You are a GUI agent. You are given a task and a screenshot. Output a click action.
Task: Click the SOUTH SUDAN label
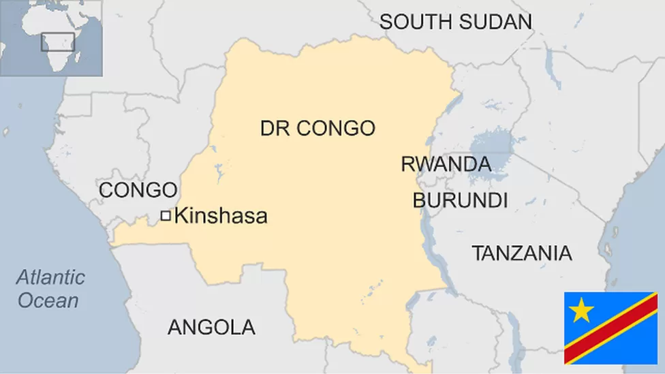click(455, 21)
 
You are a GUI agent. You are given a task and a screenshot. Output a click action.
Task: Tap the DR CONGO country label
click(318, 127)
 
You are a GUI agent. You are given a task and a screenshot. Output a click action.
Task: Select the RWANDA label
click(446, 164)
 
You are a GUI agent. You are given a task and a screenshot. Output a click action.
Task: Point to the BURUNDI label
click(460, 200)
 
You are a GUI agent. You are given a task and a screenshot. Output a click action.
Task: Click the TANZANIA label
click(521, 253)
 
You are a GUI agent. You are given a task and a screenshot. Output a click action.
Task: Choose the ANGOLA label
click(211, 327)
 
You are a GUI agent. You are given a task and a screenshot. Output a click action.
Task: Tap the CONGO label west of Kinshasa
click(138, 190)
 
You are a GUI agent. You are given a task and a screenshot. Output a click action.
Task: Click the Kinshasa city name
click(221, 217)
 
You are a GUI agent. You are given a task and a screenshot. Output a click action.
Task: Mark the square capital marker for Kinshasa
click(166, 216)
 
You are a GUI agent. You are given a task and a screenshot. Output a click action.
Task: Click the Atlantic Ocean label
click(50, 288)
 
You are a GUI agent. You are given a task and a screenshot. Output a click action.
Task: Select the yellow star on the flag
click(581, 311)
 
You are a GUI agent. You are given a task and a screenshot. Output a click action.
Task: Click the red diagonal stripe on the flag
click(610, 328)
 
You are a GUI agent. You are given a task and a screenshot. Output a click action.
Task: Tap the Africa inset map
click(51, 38)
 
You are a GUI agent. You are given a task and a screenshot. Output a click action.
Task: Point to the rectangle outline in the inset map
click(58, 41)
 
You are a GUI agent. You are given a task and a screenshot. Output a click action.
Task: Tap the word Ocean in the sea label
click(48, 300)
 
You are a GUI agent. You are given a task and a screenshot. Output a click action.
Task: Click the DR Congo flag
click(610, 328)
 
